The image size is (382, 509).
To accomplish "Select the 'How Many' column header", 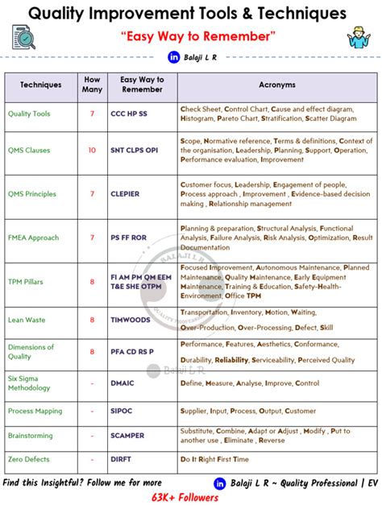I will coord(93,85).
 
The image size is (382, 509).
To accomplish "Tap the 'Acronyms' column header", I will coord(277,85).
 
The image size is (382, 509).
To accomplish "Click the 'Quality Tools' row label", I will coord(29,114).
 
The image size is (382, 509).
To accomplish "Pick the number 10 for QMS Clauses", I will coord(92,150).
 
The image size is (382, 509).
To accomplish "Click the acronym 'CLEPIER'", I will coord(125,194).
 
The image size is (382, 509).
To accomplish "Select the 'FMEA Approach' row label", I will coord(34,238).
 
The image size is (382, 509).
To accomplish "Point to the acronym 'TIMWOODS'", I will coord(130,320).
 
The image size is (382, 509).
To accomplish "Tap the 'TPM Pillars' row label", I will coord(26,282).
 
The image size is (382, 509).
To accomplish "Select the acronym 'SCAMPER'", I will coord(127,436).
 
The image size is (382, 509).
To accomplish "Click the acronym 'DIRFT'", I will coord(121,459).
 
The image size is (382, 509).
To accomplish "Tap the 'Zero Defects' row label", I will coord(29,459).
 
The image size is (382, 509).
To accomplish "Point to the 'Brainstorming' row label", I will coord(31,436).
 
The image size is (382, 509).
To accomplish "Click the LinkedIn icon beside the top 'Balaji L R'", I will coord(172,57).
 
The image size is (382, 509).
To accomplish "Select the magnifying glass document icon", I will coord(24,37).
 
